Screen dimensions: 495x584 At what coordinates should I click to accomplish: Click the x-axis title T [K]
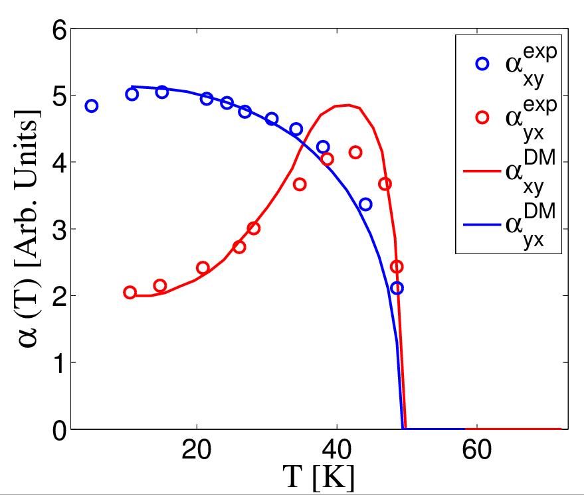[x=318, y=478]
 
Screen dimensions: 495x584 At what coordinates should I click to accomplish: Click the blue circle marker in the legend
[x=482, y=64]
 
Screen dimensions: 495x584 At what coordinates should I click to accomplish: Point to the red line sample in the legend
[x=481, y=171]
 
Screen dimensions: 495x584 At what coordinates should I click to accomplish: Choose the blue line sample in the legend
[x=481, y=224]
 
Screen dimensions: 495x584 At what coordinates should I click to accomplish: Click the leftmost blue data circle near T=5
[x=92, y=106]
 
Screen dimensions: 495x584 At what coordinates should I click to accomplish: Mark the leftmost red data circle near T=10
[x=130, y=293]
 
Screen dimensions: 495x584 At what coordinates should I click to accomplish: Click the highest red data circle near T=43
[x=355, y=153]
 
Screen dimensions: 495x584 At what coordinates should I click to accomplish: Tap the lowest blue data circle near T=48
[x=397, y=288]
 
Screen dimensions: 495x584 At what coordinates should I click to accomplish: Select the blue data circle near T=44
[x=365, y=204]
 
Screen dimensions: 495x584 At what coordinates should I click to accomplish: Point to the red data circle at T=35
[x=300, y=184]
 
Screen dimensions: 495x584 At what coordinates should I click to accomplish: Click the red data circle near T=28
[x=253, y=228]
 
